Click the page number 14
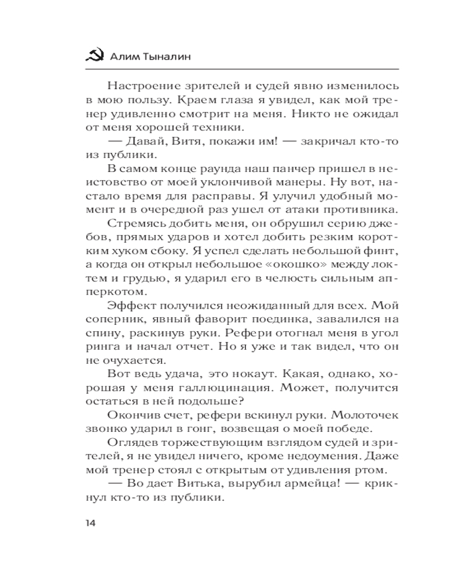coord(91,523)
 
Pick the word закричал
coord(308,141)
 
